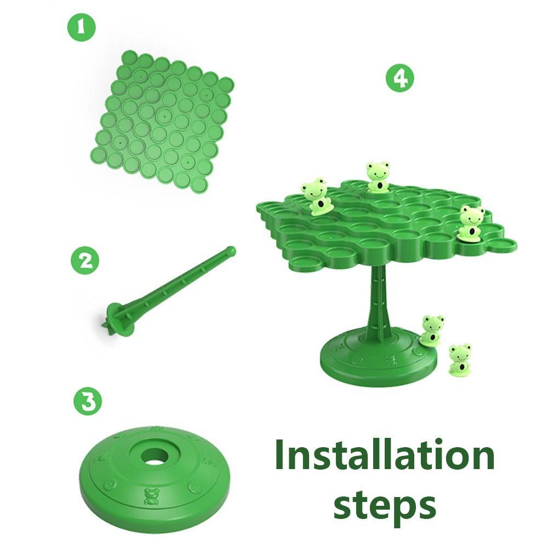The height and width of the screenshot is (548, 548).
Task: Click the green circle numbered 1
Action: coord(81,27)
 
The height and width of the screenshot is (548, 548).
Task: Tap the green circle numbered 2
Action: coord(85,261)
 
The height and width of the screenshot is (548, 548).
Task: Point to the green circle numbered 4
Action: coord(400,78)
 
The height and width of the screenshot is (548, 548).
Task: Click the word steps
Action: coord(385,505)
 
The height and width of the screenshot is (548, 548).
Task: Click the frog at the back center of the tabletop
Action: coord(378,176)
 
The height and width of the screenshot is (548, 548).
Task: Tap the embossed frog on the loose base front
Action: coord(151,496)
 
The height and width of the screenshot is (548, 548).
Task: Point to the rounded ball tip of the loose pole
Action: coord(230,250)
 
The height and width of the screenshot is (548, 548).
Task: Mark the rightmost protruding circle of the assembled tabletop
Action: coord(503,244)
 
